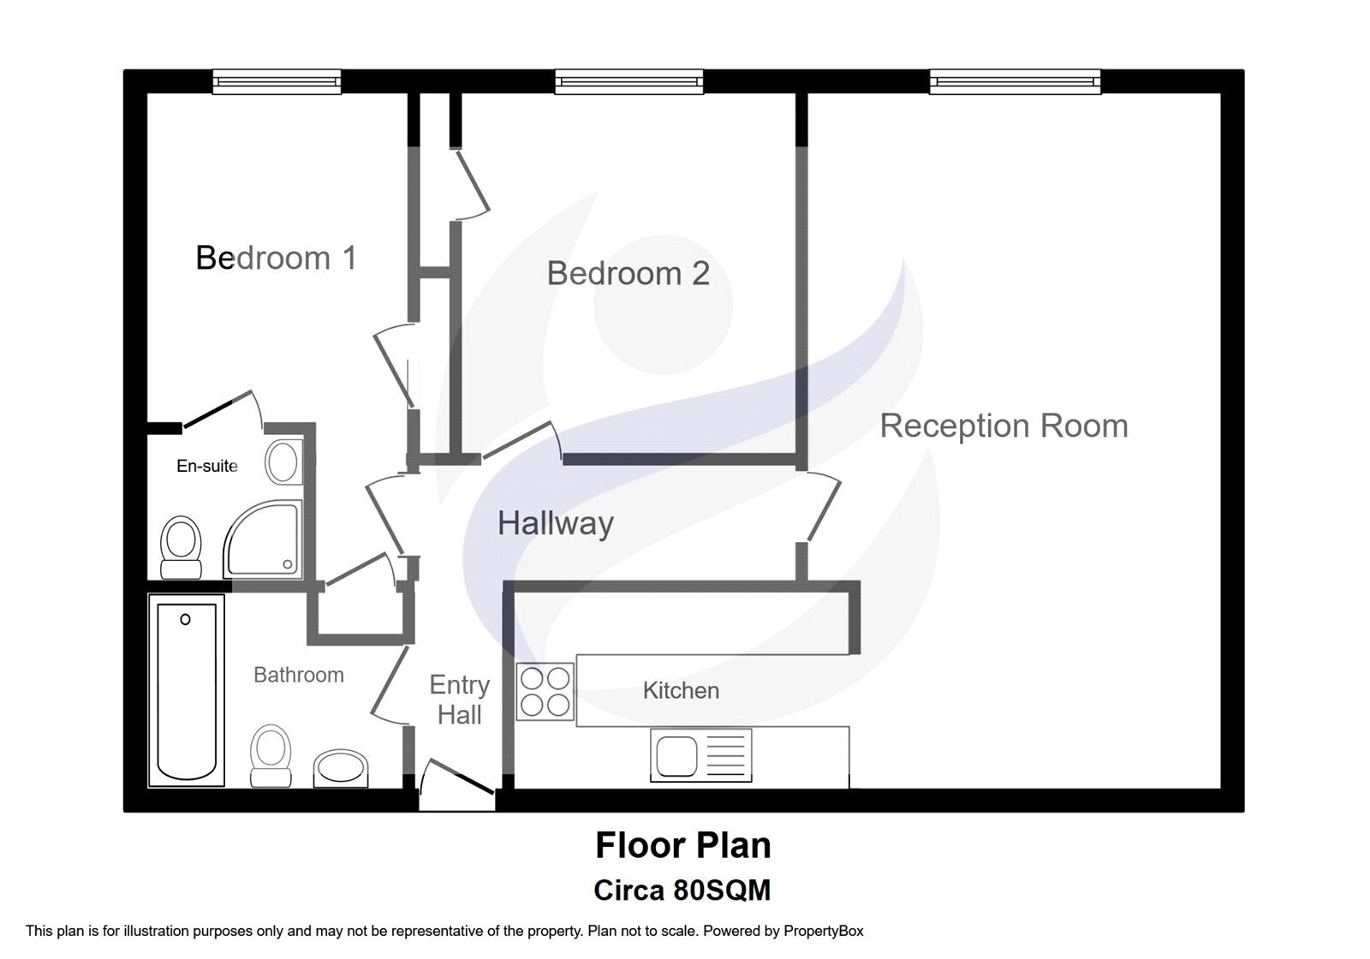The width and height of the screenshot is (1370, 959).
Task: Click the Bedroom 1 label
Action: [276, 258]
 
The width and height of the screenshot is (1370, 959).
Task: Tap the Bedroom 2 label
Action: [628, 273]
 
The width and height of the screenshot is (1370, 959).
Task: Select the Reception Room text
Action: [1004, 426]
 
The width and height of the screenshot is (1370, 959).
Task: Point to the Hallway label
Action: [556, 524]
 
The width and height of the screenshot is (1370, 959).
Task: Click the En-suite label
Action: [206, 466]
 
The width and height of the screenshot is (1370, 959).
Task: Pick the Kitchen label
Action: [681, 690]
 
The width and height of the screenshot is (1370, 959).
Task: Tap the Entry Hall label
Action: [460, 700]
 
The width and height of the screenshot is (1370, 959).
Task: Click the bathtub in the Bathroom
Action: [187, 690]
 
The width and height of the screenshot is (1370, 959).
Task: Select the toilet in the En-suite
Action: [181, 547]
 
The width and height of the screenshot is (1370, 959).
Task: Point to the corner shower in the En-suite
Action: [263, 539]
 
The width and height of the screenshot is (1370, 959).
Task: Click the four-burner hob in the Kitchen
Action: [545, 692]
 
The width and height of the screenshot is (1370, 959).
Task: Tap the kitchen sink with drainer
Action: [701, 755]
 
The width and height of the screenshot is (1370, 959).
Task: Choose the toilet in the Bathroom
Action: [271, 756]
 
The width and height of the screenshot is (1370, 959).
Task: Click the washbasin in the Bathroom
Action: [341, 768]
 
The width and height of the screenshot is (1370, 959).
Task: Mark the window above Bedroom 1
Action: [277, 81]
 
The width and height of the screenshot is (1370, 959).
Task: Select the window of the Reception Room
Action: [1016, 81]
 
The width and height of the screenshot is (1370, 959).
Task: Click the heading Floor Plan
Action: [683, 845]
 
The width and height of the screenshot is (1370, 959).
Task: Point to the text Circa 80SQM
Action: [682, 890]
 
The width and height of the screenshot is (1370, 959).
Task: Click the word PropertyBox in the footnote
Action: [823, 931]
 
